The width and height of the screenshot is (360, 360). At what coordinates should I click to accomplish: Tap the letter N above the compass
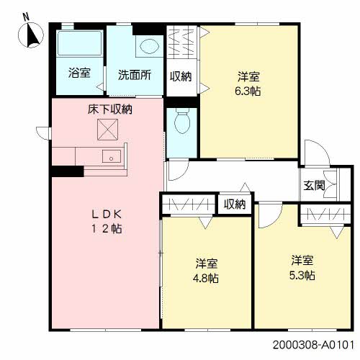pos(26,16)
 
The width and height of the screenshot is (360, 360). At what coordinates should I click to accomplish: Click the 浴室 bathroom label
pos(78,73)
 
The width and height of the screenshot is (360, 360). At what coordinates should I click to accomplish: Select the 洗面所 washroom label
pos(134,73)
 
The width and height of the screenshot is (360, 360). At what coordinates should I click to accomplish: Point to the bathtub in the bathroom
pos(80,43)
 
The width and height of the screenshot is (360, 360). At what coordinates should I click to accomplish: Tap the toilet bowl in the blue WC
pos(182,122)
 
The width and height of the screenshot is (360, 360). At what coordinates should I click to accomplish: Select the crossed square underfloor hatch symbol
pos(107,130)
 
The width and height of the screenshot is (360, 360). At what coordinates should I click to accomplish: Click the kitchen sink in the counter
pos(112,156)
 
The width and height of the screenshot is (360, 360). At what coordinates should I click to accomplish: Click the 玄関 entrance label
pos(314,185)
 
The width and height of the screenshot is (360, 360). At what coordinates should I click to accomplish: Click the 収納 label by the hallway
pos(234,204)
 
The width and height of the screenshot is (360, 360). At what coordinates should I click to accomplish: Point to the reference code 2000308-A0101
pos(314,346)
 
